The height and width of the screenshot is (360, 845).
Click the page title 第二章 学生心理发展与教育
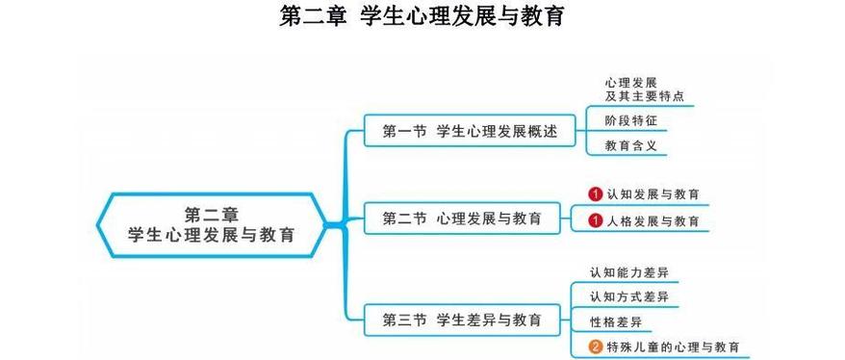pyautogui.click(x=422, y=17)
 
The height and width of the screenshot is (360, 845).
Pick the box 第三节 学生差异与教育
pyautogui.click(x=461, y=319)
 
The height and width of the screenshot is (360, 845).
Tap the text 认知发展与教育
pyautogui.click(x=653, y=193)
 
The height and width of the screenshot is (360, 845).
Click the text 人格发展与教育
pyautogui.click(x=653, y=220)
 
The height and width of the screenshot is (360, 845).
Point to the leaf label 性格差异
pyautogui.click(x=616, y=321)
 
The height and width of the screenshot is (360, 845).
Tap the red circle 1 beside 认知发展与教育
pyautogui.click(x=596, y=193)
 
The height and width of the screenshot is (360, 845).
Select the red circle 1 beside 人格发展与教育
pyautogui.click(x=596, y=220)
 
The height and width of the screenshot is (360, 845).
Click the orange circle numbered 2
pyautogui.click(x=596, y=347)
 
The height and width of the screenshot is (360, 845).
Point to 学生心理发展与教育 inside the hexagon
pyautogui.click(x=211, y=234)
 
